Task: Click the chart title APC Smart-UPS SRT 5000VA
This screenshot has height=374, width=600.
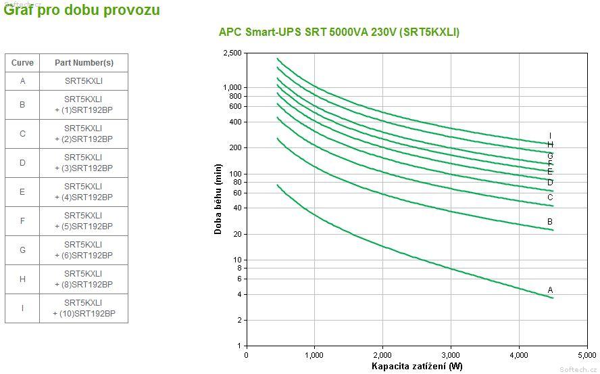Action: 339,32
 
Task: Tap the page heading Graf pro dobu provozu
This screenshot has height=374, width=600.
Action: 82,9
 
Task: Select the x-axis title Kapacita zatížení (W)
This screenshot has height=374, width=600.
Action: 417,367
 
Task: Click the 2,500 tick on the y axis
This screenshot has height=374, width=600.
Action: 232,53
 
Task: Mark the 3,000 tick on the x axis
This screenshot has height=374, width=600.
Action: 451,354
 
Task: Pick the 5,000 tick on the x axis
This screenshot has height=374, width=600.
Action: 586,354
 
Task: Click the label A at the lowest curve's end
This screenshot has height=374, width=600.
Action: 550,289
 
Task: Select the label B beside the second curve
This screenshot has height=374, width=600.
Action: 550,221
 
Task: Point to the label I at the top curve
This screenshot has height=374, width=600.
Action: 550,135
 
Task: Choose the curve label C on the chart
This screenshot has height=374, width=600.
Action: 550,197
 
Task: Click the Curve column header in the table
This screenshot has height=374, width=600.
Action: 22,63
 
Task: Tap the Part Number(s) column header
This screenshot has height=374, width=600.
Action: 84,63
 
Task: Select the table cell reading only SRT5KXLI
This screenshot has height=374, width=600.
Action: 84,81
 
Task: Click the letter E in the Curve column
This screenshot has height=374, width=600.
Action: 22,192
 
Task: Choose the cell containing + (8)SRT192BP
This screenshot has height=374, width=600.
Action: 84,279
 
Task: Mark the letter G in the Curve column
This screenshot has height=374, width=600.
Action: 22,250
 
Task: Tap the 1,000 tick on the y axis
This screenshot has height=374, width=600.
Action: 232,87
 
